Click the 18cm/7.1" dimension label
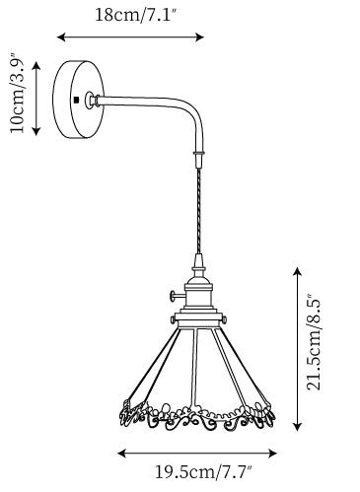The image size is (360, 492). click(136, 15)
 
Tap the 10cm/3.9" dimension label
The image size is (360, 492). click(17, 93)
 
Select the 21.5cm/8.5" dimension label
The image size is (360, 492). click(313, 341)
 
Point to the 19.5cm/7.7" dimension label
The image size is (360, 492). click(203, 472)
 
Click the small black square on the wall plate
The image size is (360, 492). click(77, 100)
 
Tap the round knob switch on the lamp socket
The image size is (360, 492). click(173, 296)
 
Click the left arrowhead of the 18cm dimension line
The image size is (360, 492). click(61, 37)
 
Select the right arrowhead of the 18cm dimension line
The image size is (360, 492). click(200, 37)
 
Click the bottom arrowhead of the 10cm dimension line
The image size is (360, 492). click(36, 132)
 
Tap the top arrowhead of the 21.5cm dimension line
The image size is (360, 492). click(297, 272)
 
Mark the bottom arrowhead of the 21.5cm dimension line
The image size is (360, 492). click(297, 426)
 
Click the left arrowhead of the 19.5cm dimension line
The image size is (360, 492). click(122, 454)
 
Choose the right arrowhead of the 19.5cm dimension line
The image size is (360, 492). click(272, 454)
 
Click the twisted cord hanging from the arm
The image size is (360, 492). click(198, 210)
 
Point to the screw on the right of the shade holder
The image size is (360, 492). click(224, 319)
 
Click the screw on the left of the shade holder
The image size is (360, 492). click(173, 319)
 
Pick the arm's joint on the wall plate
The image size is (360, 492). click(92, 100)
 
